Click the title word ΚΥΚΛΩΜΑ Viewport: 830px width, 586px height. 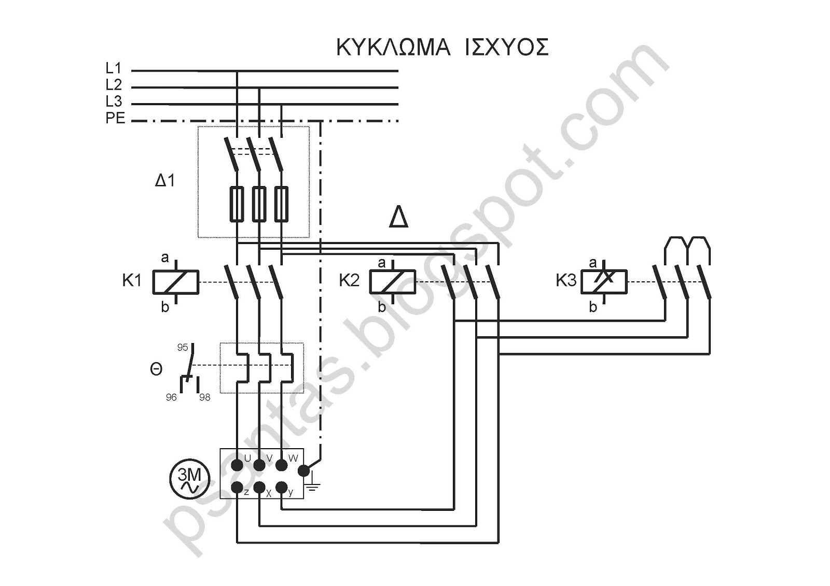394,47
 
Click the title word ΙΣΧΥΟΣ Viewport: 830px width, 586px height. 506,47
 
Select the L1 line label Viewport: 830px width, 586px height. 114,68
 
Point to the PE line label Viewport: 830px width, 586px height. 115,119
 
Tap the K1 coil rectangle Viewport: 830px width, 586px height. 176,282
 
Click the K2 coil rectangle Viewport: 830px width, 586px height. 392,282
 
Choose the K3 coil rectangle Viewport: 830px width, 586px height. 604,282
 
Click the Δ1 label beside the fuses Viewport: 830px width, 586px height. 165,181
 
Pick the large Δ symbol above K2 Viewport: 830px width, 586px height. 399,217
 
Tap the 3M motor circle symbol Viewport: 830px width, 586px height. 190,480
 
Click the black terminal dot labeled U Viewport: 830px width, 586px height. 237,465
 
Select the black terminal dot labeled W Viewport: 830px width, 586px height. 282,465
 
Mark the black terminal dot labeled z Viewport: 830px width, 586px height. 237,487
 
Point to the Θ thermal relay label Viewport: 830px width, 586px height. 156,369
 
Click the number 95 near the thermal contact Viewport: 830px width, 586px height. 183,347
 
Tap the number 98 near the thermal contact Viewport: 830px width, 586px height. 204,397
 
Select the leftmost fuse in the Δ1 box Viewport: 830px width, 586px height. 237,204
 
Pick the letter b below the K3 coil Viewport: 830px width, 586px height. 593,307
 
